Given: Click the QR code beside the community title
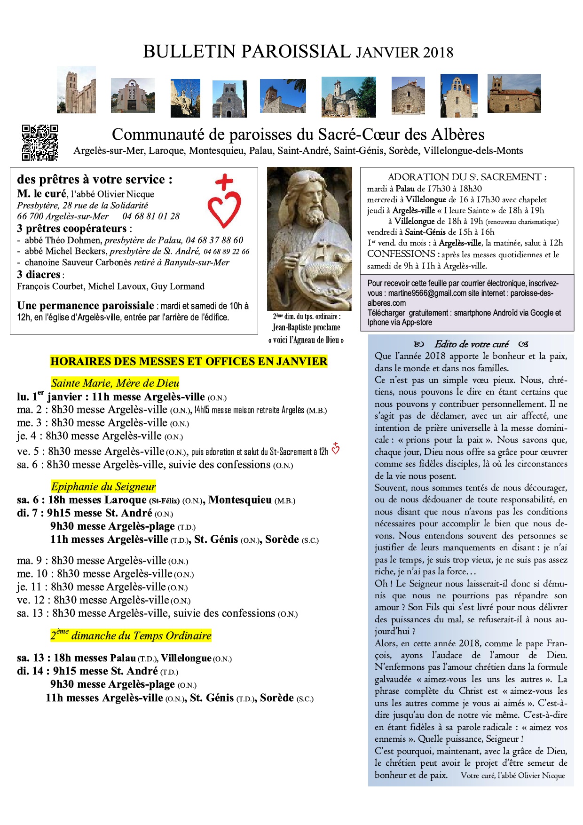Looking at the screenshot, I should [40, 143].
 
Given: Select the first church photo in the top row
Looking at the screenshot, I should [76, 90].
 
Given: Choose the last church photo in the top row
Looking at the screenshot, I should [514, 94].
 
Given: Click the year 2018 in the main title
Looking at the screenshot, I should [438, 52].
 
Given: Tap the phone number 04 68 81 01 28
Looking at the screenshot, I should [151, 216].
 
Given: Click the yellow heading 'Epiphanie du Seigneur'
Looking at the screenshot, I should [103, 486].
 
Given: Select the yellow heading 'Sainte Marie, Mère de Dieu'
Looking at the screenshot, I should [115, 383].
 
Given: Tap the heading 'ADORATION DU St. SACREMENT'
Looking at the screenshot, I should [467, 177].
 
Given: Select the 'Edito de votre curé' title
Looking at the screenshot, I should [471, 344].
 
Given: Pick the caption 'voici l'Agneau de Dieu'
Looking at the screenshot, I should [306, 340].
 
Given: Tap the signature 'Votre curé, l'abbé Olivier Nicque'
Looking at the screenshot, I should [512, 776].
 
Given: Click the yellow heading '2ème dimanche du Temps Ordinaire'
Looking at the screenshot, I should [131, 635].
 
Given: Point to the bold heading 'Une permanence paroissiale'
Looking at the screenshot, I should [86, 306].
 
